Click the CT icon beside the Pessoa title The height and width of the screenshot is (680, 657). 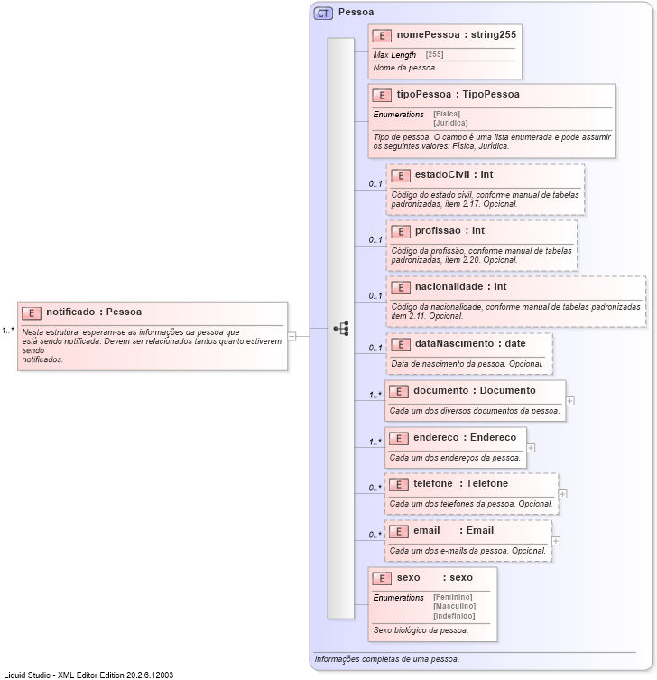[x=323, y=13]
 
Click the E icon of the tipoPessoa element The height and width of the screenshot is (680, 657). [x=382, y=95]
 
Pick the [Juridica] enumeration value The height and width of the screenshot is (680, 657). [x=450, y=123]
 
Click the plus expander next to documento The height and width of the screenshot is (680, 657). [x=570, y=400]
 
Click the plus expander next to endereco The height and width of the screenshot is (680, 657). [x=531, y=447]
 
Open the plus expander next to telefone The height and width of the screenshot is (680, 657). [x=563, y=493]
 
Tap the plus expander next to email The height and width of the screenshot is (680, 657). [x=556, y=541]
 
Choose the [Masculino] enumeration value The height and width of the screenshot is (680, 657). [x=453, y=606]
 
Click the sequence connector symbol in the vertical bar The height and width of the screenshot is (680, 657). [x=341, y=329]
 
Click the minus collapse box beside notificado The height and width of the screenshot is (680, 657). [x=292, y=336]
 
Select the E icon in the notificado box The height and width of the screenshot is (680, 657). [x=32, y=312]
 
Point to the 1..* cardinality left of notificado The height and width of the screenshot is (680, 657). [x=8, y=330]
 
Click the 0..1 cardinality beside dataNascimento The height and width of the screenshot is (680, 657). [x=375, y=349]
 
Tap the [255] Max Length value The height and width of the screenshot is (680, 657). [x=434, y=55]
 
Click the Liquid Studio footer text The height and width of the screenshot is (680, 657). [x=88, y=675]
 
